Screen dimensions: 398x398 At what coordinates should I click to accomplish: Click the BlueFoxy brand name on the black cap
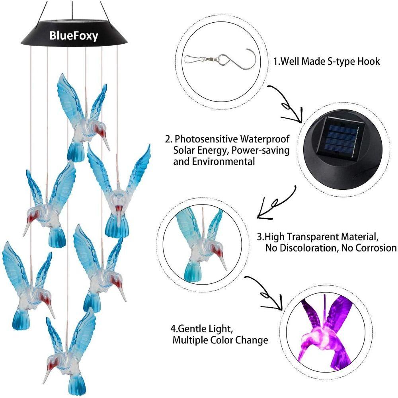point(74,36)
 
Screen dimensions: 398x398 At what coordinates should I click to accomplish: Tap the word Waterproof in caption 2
point(265,139)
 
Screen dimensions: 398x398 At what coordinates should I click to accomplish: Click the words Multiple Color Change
point(220,340)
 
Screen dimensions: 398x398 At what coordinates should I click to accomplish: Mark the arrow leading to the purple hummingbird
point(265,293)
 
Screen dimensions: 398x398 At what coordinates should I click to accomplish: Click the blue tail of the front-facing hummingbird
point(117,227)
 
